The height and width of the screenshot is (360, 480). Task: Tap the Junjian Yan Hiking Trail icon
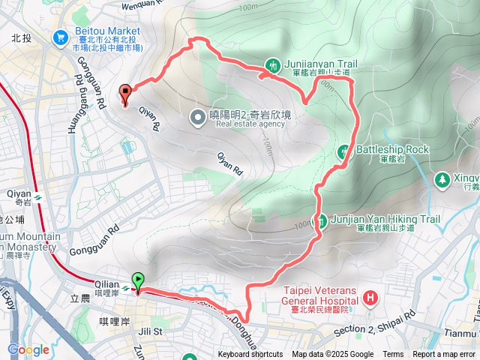click(x=322, y=220)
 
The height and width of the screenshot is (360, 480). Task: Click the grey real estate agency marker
click(x=197, y=116)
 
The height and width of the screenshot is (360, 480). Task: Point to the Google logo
click(x=28, y=349)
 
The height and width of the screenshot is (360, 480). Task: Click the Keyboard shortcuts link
click(x=250, y=355)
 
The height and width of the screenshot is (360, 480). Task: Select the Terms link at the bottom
click(x=392, y=355)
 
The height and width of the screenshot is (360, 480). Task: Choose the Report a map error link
click(x=444, y=355)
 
